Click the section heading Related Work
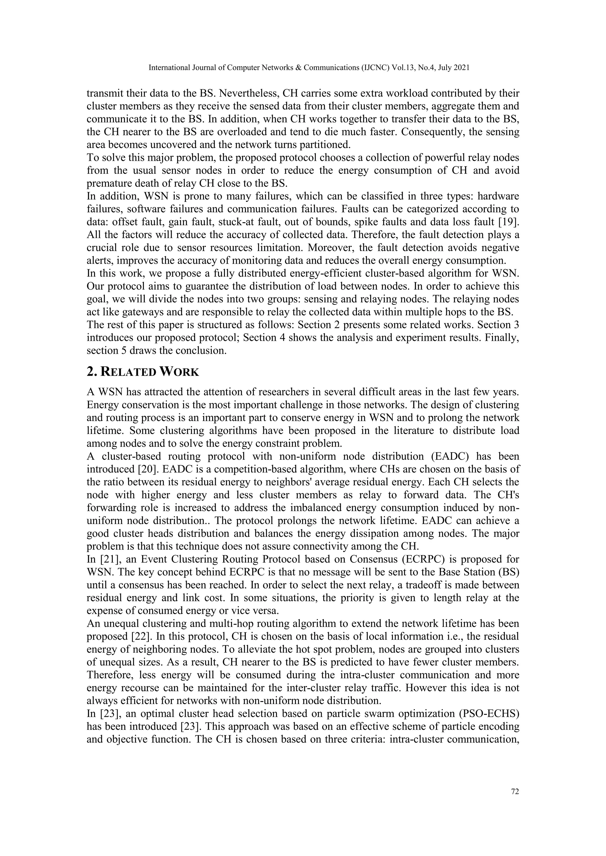(143, 372)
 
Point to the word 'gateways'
(138, 312)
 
